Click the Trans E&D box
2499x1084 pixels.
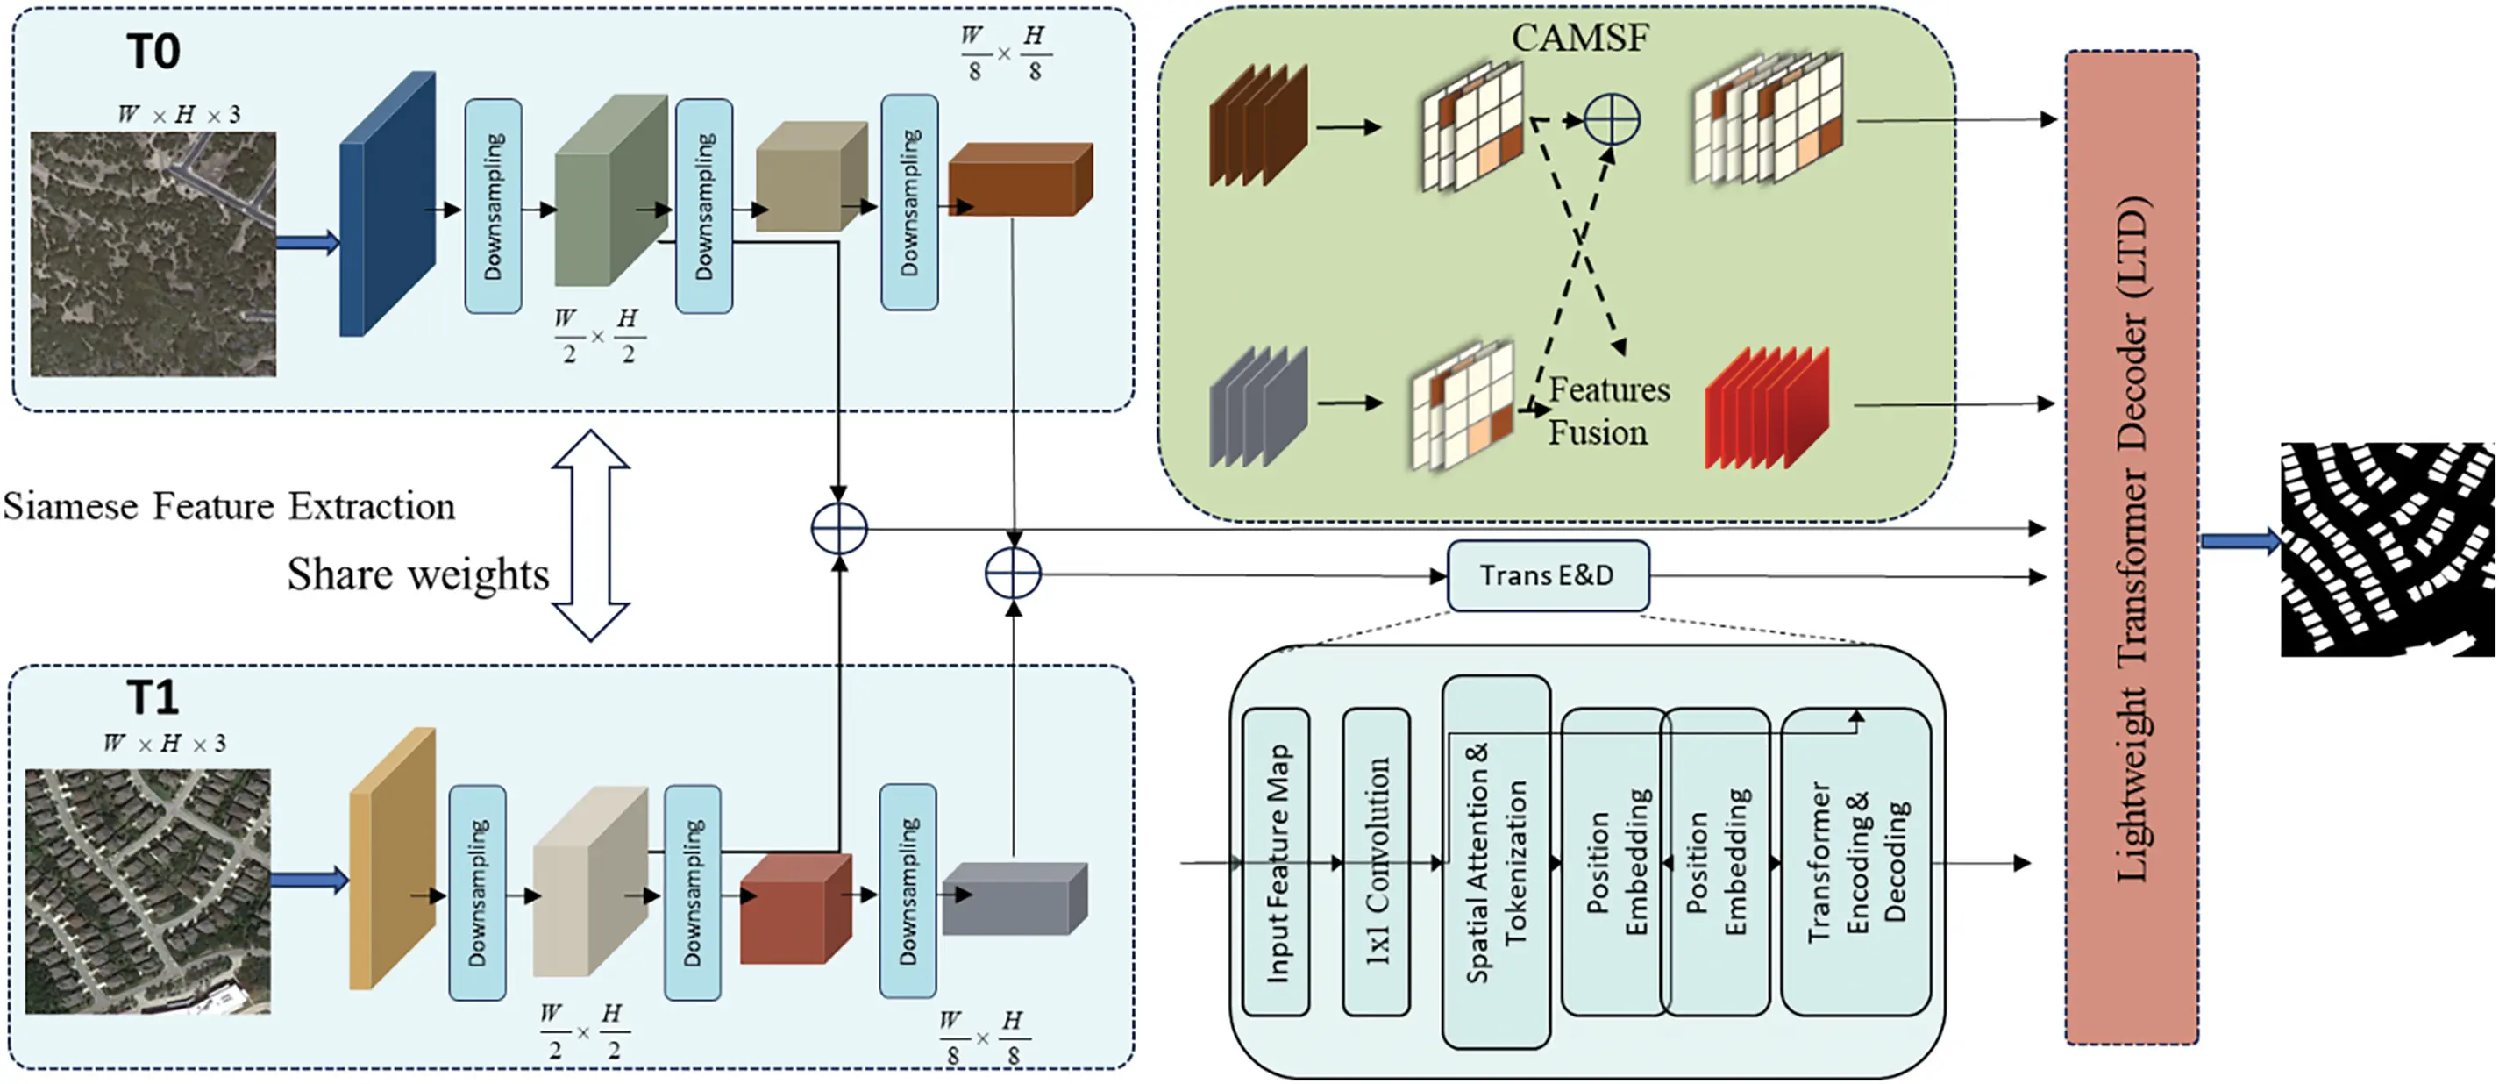1548,575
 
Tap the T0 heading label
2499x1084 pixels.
153,52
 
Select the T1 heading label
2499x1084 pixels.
153,696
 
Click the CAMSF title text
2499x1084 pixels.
1579,38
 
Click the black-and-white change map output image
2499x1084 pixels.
2387,548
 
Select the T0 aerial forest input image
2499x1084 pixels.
153,254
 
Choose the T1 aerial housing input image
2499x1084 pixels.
147,891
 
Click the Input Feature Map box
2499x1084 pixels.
1276,862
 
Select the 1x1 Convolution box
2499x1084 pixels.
1376,862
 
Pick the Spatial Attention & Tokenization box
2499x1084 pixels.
1495,862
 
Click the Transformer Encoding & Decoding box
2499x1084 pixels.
1855,862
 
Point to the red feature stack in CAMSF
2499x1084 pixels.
1766,408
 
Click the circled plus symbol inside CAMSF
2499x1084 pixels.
1612,120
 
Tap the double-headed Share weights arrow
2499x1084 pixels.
591,536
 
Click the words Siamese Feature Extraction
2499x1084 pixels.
229,507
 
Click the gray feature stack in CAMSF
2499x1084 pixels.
1257,407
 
